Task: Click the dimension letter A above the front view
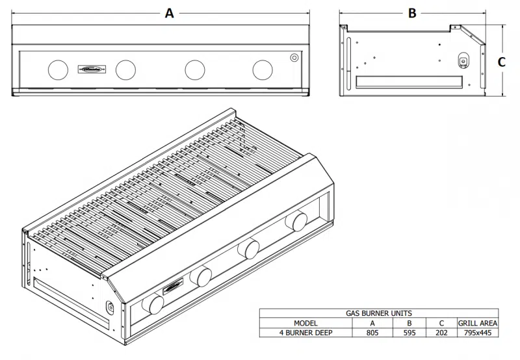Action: [169, 12]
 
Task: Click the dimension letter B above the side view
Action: [411, 12]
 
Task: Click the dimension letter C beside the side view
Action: [502, 62]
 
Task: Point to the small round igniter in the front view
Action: [294, 58]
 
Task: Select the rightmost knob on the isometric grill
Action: [300, 220]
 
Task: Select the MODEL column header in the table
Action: [305, 322]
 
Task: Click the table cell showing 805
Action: [372, 332]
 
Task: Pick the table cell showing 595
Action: [409, 332]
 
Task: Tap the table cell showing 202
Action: [441, 332]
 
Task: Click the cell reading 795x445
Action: [478, 332]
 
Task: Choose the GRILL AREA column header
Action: [478, 322]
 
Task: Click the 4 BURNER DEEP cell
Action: [305, 332]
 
